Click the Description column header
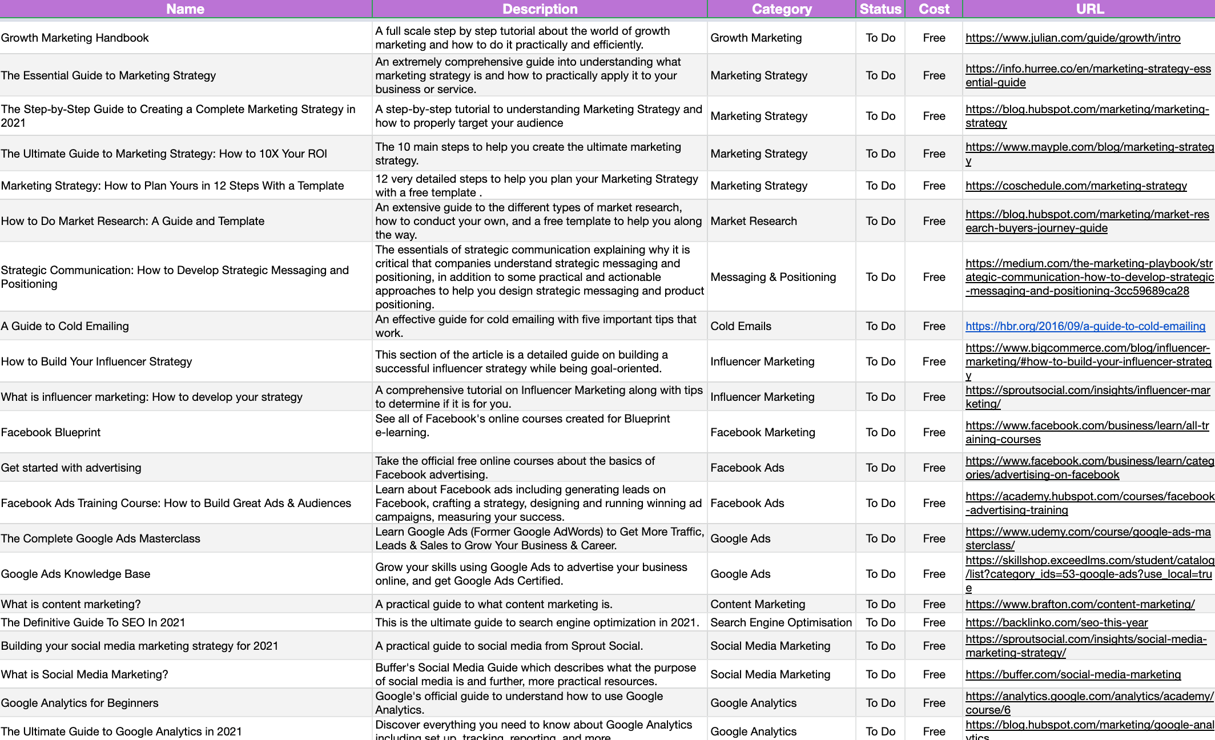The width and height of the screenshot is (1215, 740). point(540,9)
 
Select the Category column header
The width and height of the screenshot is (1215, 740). point(781,9)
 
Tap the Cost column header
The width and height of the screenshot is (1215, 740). point(934,9)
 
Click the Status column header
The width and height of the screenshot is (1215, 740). point(880,9)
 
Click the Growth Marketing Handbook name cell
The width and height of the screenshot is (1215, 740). point(75,38)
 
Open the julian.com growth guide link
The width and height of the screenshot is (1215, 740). point(1072,38)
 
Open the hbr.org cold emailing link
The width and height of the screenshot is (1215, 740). point(1085,326)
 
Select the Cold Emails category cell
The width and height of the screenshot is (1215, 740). point(741,326)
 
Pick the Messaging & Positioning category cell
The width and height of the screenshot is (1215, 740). point(773,277)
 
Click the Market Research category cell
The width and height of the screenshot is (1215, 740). point(753,221)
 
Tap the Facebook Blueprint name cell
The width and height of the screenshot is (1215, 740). point(51,432)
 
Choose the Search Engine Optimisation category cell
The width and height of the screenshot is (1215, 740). point(781,622)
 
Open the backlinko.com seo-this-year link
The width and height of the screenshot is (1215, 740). point(1056,622)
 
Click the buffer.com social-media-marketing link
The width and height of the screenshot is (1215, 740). point(1073,674)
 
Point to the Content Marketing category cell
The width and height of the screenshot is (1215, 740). point(757,604)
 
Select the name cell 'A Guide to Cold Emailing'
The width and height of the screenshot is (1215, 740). point(65,326)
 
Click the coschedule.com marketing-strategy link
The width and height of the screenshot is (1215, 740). point(1076,186)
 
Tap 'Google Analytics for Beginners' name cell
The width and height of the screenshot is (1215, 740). point(80,703)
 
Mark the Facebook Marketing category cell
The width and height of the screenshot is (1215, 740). point(762,432)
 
